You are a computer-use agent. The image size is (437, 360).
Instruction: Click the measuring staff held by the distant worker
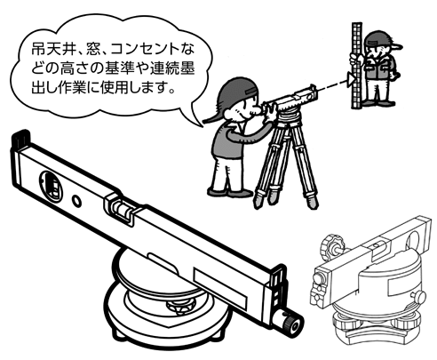tap(357, 66)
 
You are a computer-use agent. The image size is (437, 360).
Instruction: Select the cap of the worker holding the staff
tap(383, 39)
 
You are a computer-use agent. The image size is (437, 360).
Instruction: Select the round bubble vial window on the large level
tap(52, 185)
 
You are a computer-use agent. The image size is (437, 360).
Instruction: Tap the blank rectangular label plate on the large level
tap(220, 287)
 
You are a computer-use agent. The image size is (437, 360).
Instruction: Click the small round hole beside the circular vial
tap(77, 201)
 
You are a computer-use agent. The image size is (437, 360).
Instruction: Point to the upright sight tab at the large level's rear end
tap(20, 140)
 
